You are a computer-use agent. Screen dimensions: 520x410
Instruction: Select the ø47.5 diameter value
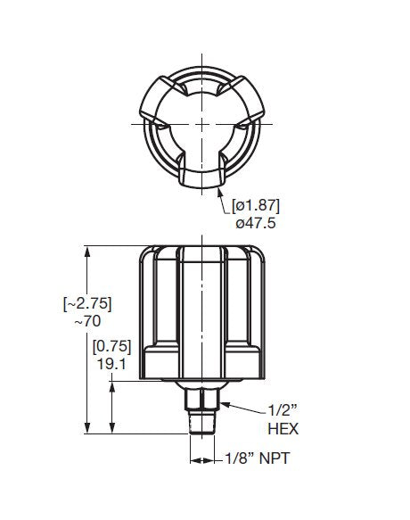256,223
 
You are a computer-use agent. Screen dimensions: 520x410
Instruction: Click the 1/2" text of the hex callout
282,411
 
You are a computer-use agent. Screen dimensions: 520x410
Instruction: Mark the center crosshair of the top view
204,122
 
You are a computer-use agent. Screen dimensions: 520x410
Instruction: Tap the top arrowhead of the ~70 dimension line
87,252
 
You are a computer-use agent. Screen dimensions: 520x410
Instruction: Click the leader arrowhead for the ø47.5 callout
219,189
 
